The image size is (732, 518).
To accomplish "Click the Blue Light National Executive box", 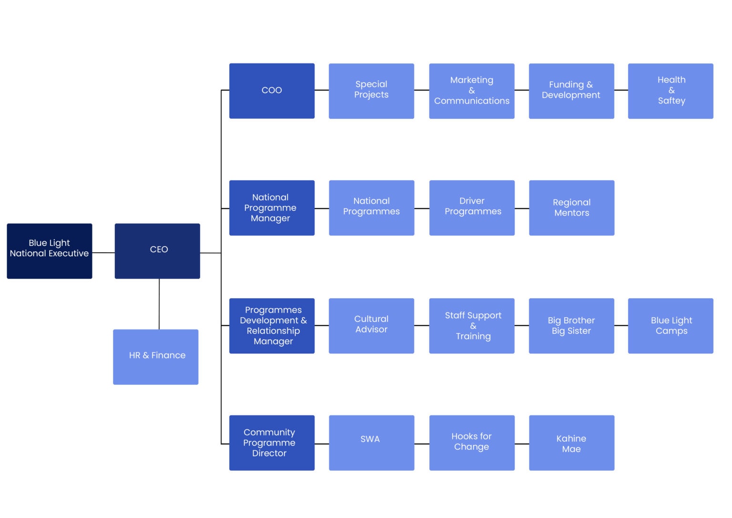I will point(49,251).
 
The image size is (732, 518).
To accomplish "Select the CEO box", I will point(157,251).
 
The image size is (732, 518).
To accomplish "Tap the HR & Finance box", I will point(155,357).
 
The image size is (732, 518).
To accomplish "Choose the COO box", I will point(272,91).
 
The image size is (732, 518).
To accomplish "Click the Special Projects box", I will point(371,91).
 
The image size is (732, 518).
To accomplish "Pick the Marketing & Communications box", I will point(471,91).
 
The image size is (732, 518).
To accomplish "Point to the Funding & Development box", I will point(571,91).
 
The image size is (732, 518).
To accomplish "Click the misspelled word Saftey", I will point(671,101).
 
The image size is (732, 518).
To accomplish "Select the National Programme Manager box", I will point(272,207).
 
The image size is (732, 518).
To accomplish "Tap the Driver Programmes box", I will point(471,207).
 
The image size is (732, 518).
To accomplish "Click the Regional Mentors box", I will point(571,207).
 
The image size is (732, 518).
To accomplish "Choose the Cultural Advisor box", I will point(371,325).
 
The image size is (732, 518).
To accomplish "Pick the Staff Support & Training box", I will point(471,325).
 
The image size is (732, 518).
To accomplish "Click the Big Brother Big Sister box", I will point(571,325).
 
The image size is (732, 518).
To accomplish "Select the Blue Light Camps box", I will point(670,325).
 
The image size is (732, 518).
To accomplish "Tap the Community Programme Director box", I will point(272,443).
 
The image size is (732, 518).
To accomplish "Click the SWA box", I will point(371,443).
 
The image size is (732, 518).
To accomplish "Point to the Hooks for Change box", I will point(471,443).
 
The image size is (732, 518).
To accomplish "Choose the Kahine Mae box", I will point(571,443).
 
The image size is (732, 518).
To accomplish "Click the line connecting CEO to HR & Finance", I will point(159,304).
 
